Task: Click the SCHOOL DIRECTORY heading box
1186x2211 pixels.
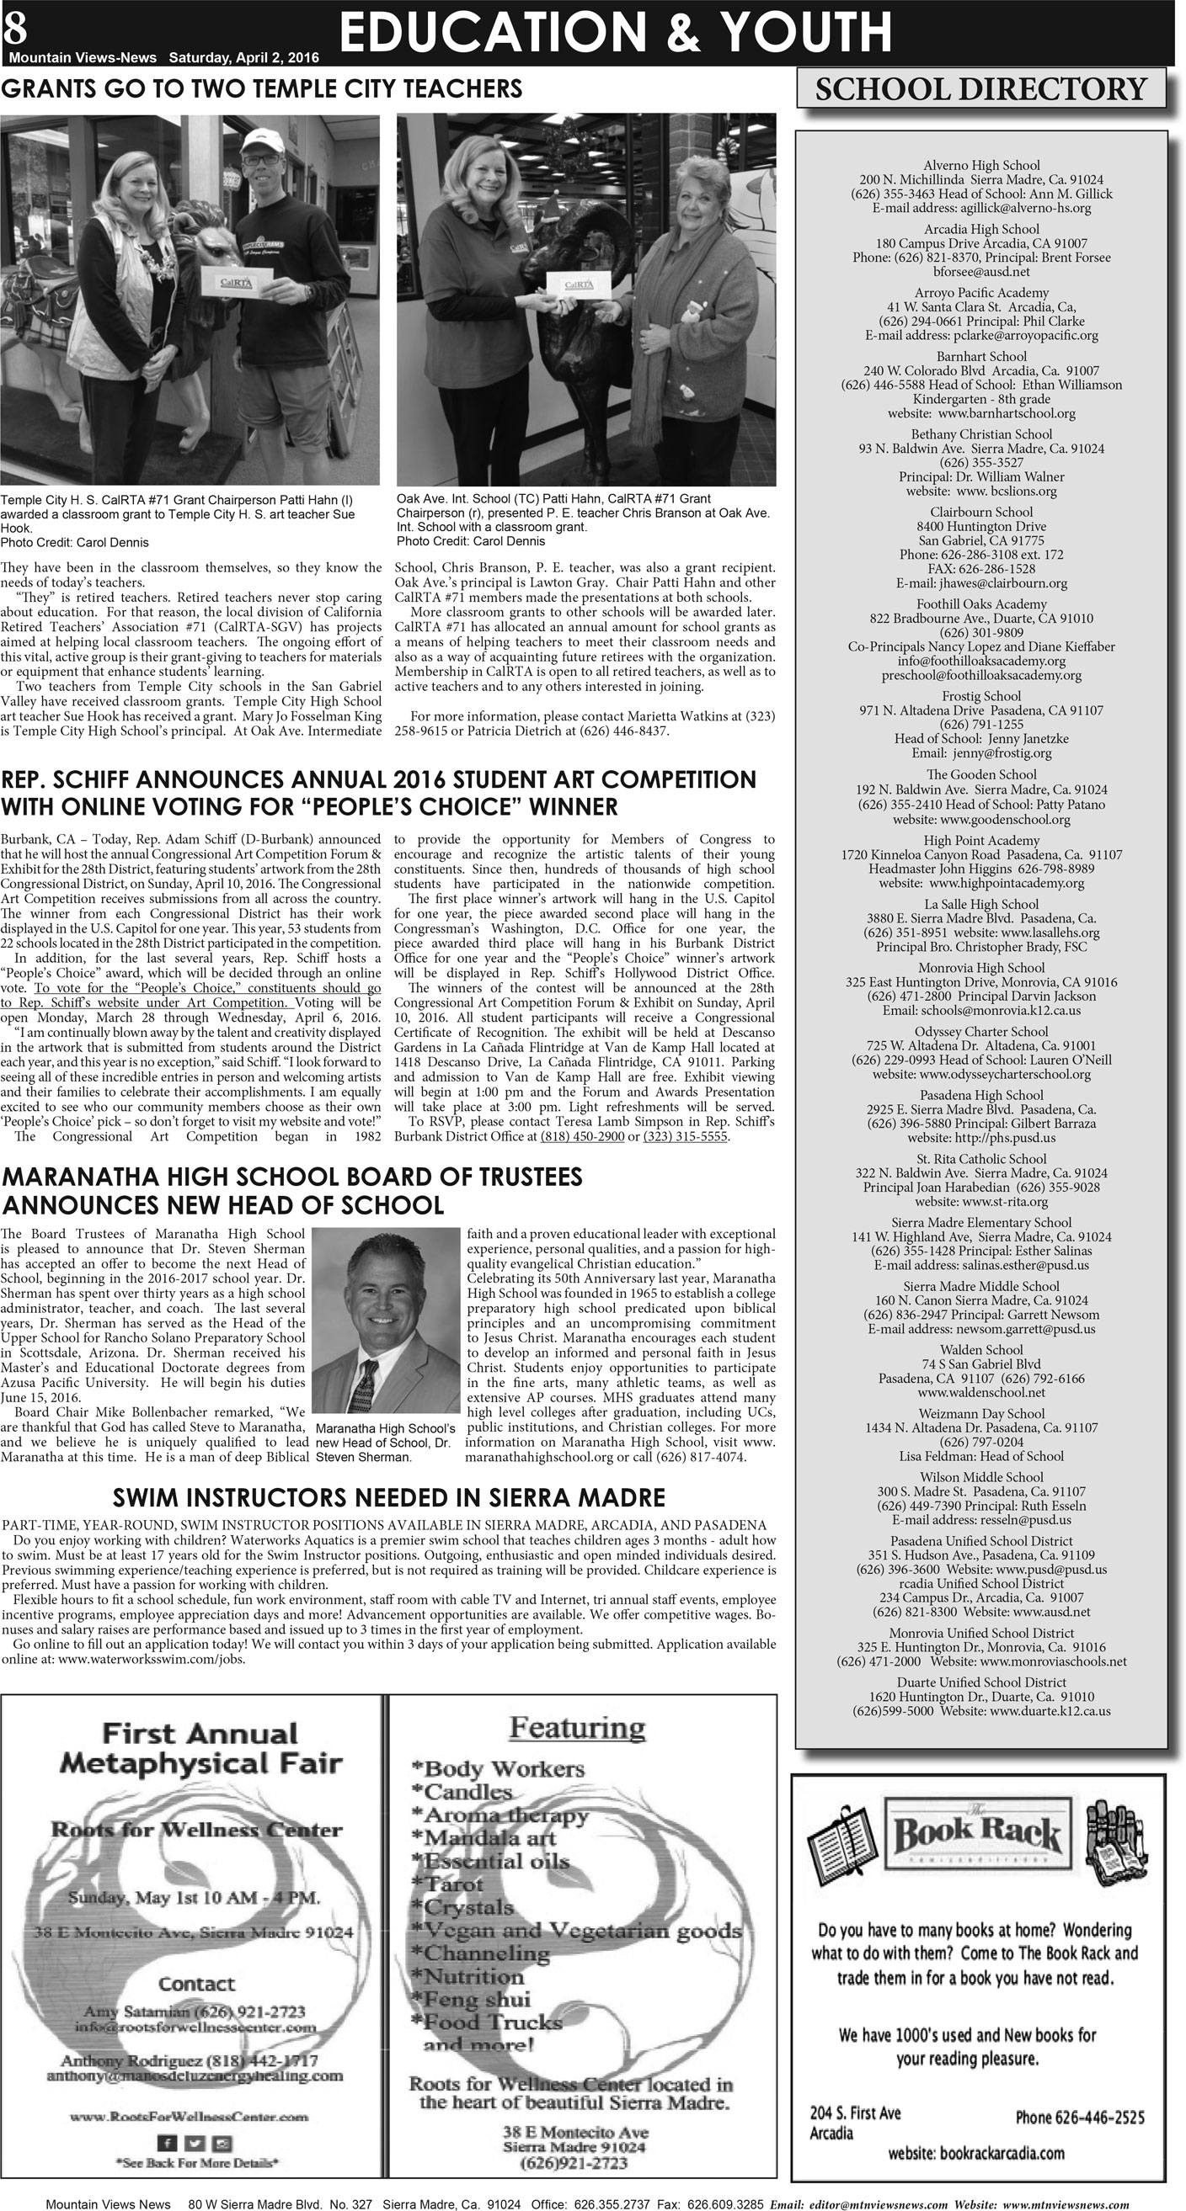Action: [980, 89]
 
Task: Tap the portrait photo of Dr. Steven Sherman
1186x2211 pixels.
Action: [387, 1319]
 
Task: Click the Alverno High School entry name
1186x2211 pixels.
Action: [980, 165]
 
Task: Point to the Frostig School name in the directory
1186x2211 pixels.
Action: [980, 696]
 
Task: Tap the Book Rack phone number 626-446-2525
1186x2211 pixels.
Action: [1080, 2118]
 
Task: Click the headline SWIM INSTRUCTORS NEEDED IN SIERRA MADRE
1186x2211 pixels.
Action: [389, 1498]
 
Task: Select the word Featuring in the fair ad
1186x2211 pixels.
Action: [577, 1727]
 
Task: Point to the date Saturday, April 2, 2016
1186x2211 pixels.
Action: [244, 58]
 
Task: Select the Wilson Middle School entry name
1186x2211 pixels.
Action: [980, 1477]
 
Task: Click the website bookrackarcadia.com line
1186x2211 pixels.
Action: [975, 2153]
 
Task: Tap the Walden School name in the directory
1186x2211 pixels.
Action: [980, 1349]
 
